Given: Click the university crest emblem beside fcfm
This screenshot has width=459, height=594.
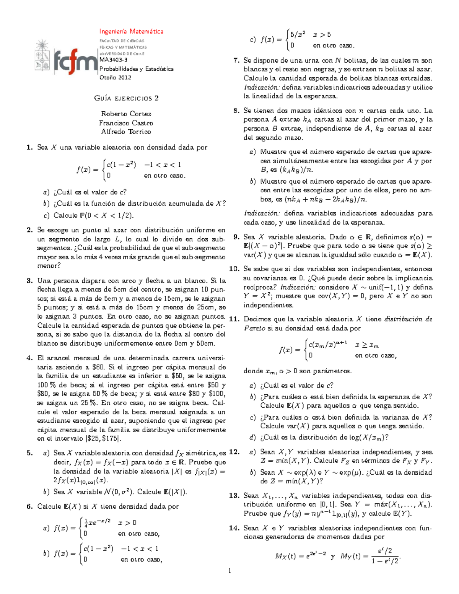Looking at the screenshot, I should [42, 56].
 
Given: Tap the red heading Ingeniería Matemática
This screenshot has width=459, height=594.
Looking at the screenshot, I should [131, 31].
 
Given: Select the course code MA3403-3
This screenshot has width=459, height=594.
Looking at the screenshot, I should [114, 60].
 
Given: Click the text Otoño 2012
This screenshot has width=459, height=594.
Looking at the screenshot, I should [115, 77].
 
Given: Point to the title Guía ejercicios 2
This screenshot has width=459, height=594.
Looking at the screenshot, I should [126, 98].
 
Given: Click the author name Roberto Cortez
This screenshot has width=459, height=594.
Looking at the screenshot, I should [126, 114].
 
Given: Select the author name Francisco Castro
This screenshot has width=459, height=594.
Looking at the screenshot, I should [126, 123].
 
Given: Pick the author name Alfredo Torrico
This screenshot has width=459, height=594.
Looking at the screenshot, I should [126, 132].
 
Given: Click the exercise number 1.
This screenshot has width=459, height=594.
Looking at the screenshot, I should [29, 147].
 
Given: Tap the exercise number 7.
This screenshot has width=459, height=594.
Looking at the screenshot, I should [236, 60].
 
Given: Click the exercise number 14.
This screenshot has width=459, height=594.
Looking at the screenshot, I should [234, 528].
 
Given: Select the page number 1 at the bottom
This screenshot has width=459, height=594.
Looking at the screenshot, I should [229, 571].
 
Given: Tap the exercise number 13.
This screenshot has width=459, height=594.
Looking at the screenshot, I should [234, 496].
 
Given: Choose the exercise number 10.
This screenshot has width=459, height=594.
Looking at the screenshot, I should [234, 269].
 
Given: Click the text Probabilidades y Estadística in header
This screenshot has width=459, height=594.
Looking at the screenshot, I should [136, 69].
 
